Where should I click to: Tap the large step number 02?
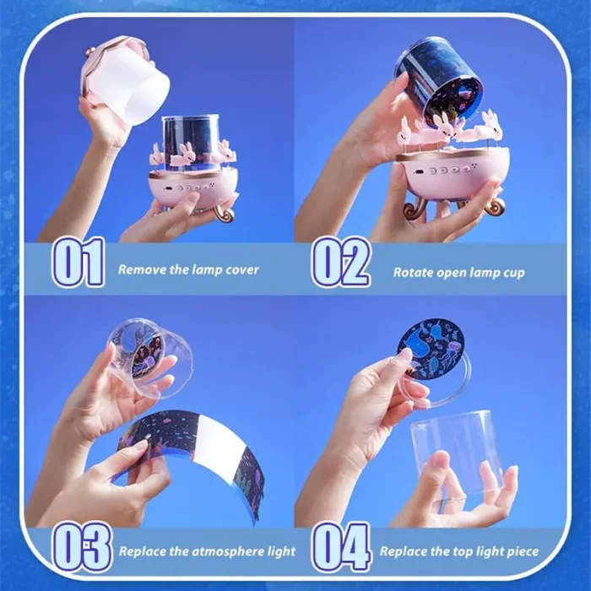click(341, 263)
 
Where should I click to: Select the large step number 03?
click(83, 548)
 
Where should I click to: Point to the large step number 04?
click(341, 548)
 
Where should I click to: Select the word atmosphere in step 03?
click(225, 552)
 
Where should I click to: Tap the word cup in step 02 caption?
click(513, 274)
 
